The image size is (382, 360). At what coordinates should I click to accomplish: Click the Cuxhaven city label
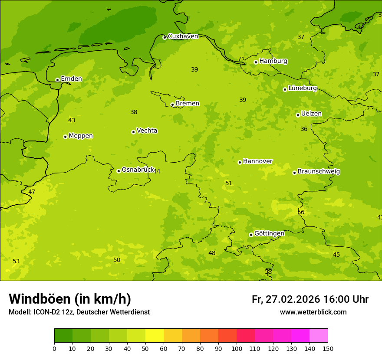coord(183,36)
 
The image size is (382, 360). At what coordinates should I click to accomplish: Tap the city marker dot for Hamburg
coord(256,62)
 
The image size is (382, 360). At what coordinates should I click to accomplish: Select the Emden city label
coord(71,79)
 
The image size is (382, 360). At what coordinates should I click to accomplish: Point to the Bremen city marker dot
coord(172,105)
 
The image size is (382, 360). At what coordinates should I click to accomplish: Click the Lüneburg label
coord(303,88)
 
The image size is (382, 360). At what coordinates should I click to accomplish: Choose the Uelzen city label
coord(311,114)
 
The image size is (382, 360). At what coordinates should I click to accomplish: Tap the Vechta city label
coord(147,131)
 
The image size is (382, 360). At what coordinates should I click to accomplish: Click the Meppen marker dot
coord(65,137)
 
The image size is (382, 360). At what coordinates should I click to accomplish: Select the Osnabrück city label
coord(138,170)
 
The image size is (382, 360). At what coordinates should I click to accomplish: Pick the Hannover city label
coord(257,161)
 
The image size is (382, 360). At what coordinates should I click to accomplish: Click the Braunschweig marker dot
coord(294,173)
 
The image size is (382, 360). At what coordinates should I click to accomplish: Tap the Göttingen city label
coord(269,233)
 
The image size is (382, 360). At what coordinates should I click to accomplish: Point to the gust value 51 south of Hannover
coord(229,183)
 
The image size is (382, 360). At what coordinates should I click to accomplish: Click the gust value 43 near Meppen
coord(72,121)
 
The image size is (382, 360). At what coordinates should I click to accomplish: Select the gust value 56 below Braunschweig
coord(301,213)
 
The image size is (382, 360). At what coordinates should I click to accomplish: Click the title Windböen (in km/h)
coord(70,299)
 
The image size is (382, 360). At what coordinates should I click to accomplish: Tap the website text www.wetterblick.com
coord(313,312)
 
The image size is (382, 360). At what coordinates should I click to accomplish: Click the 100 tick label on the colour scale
coord(237,348)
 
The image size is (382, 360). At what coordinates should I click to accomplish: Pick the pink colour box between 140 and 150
coord(319,335)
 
